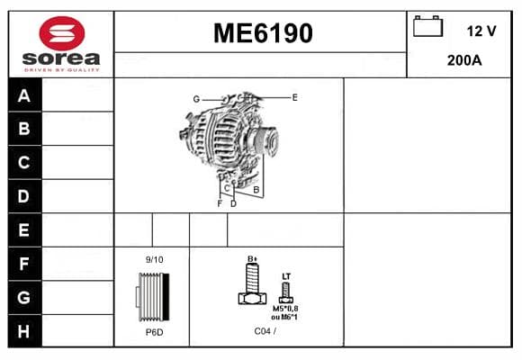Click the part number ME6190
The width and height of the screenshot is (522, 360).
[x=263, y=33]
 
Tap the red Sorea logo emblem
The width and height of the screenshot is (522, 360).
[x=62, y=33]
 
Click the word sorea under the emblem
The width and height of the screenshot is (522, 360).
[x=61, y=58]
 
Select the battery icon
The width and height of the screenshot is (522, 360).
[x=427, y=26]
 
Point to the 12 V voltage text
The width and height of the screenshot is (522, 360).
[x=481, y=31]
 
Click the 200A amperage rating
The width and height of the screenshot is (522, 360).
[x=464, y=60]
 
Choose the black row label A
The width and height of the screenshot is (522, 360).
[x=24, y=95]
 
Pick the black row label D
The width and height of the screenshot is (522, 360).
[x=24, y=196]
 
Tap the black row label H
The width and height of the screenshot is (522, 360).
[x=24, y=331]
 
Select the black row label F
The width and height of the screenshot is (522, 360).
[x=24, y=264]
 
